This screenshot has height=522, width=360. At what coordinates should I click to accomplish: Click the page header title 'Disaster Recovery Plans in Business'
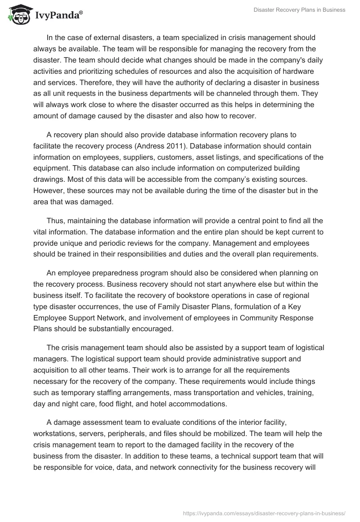point(299,10)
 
